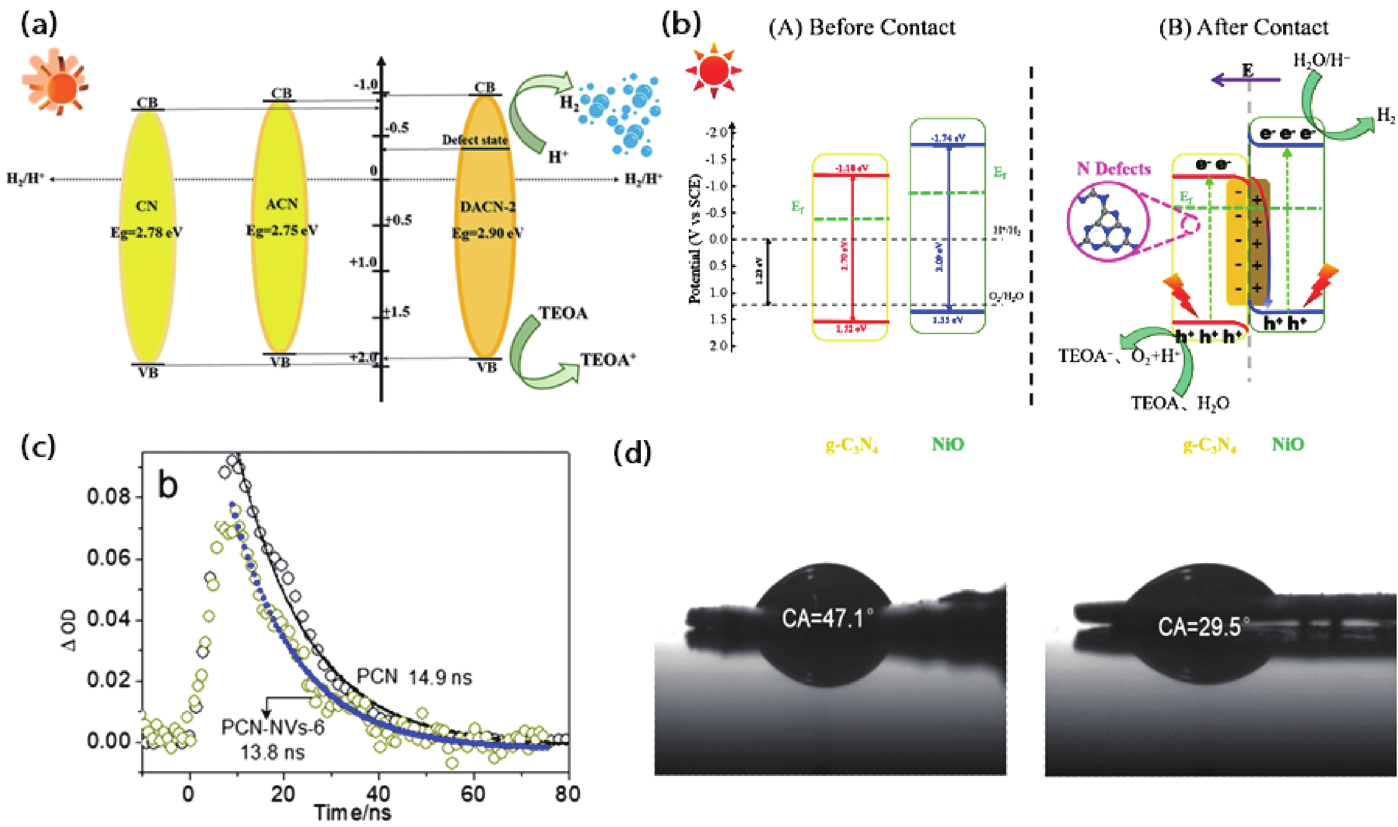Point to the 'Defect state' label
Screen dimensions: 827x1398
(x=475, y=141)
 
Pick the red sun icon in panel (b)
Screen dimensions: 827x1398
(x=714, y=71)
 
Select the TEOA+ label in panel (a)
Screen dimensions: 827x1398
(x=609, y=361)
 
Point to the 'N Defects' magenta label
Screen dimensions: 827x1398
(x=1113, y=168)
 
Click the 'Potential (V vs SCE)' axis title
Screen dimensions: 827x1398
(x=695, y=240)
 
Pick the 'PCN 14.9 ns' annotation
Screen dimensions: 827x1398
(x=414, y=677)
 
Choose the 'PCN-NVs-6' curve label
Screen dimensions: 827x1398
(x=272, y=728)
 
